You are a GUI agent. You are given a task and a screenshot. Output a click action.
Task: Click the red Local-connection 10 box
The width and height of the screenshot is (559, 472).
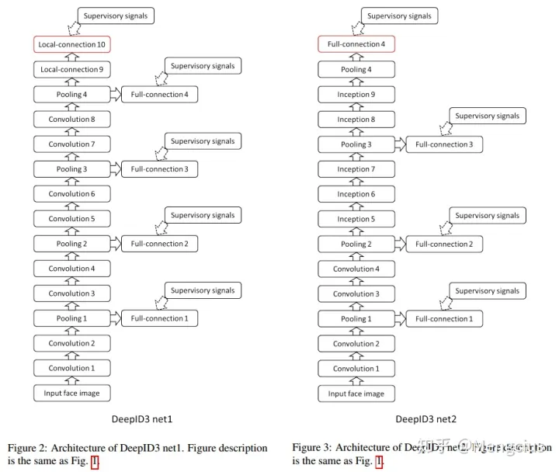pos(72,45)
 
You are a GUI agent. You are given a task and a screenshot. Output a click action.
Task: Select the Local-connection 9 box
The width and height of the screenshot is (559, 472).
pos(72,70)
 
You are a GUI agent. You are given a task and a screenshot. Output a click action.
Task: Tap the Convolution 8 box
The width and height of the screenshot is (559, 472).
pos(72,120)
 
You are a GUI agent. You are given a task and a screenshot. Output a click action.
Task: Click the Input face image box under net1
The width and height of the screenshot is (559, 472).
pos(72,393)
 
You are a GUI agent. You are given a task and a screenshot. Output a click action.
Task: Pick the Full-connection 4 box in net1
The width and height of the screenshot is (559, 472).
pos(159,95)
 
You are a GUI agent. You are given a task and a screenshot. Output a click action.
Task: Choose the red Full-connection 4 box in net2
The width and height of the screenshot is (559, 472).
pos(356,45)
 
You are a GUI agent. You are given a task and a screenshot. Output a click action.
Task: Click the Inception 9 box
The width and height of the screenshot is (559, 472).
pos(356,95)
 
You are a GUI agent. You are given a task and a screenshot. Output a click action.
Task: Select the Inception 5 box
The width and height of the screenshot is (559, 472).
pos(356,219)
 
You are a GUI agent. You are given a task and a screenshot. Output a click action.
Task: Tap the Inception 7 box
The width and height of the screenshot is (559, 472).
pos(356,169)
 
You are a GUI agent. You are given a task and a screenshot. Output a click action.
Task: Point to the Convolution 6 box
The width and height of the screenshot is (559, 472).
pos(72,194)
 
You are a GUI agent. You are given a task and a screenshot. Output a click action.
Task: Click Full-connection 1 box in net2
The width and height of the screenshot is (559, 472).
pos(443,318)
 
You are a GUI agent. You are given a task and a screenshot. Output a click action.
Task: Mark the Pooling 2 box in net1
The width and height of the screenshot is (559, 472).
pos(72,244)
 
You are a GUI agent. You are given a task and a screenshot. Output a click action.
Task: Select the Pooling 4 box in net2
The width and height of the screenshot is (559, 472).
pos(356,70)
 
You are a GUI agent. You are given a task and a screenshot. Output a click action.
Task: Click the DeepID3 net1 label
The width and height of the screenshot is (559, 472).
pos(142,419)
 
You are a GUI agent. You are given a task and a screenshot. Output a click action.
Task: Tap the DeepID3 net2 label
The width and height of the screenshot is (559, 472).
pos(426,419)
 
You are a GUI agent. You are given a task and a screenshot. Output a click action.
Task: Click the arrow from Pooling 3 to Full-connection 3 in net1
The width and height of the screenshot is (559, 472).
pos(116,168)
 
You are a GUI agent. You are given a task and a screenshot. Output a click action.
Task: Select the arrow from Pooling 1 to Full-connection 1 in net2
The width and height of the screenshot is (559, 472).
pos(400,318)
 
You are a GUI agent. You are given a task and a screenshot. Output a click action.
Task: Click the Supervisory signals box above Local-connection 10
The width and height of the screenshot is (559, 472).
pos(115,15)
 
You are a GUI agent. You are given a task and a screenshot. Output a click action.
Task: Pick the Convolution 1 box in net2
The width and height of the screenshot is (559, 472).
pos(356,368)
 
